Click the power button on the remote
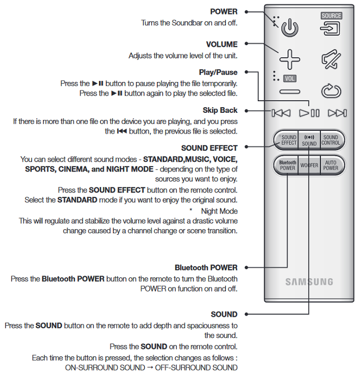click(x=290, y=28)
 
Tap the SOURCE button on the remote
click(x=331, y=25)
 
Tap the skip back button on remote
click(x=281, y=113)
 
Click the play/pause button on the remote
click(x=309, y=113)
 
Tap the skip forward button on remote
click(x=337, y=113)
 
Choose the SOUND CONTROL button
click(x=331, y=140)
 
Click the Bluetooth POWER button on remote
click(x=287, y=166)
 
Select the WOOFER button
click(x=309, y=166)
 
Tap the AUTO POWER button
click(x=331, y=166)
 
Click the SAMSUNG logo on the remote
click(x=309, y=282)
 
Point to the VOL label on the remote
click(x=290, y=78)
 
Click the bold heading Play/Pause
click(x=218, y=73)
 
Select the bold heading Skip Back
click(x=220, y=111)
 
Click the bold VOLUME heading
click(x=221, y=45)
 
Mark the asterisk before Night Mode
click(x=191, y=211)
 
